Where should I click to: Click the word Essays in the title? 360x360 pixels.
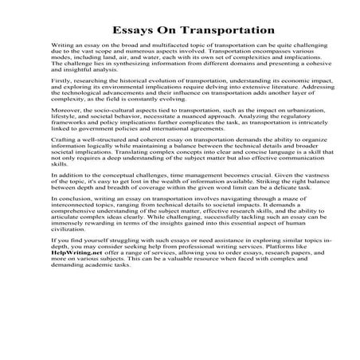point(130,29)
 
